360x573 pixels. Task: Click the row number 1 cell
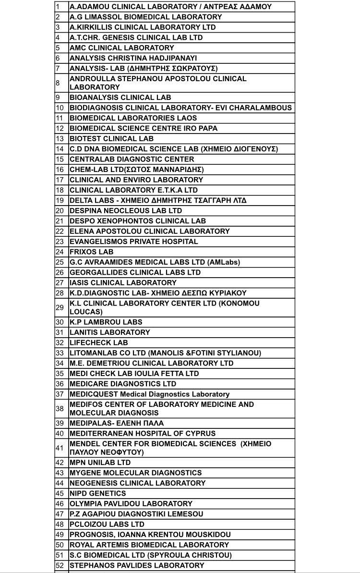61,7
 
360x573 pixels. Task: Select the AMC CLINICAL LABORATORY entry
122,48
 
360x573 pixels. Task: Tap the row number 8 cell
61,83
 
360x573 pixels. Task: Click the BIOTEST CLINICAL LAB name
111,139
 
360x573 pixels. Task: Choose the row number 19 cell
61,200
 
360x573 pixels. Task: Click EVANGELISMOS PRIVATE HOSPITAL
133,242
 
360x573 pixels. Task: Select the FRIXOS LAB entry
91,252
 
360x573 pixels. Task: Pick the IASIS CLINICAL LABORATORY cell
123,283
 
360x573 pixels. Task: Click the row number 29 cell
61,307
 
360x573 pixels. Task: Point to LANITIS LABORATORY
109,332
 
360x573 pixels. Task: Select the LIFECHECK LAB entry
98,343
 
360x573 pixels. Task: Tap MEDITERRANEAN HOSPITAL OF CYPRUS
143,433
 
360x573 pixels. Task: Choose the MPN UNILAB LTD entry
100,463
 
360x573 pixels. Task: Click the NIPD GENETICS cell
97,493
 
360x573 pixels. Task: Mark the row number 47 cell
61,514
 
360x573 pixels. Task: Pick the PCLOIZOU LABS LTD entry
107,524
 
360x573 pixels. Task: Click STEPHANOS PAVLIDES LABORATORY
137,565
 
